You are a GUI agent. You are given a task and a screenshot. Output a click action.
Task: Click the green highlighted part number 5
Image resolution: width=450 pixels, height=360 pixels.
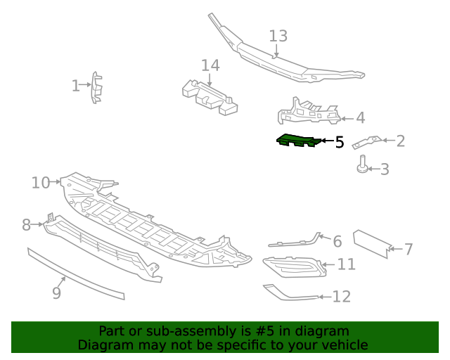tap(298, 141)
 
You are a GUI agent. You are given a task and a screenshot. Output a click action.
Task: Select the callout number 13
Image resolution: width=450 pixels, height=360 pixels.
tap(278, 36)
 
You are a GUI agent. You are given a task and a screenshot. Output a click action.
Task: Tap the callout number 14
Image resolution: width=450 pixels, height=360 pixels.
tap(210, 66)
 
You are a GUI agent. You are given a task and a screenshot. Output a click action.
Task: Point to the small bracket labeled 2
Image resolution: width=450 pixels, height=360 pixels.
tap(367, 141)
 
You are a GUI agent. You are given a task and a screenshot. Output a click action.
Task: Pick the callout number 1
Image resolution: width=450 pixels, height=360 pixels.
tap(76, 86)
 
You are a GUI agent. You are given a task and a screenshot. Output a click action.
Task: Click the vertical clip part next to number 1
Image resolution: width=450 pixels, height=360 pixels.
tap(96, 87)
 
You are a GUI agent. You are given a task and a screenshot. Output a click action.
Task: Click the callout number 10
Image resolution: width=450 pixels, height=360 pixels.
tap(40, 183)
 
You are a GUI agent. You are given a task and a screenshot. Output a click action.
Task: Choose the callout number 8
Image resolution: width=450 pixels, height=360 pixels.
tap(26, 225)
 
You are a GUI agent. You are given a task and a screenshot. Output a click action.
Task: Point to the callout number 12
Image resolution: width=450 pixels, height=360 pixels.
tap(341, 297)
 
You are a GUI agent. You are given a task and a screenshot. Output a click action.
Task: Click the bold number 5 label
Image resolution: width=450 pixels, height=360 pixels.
tap(340, 142)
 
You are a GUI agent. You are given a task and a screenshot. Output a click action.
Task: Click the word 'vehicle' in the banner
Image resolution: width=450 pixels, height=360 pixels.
tap(343, 345)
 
